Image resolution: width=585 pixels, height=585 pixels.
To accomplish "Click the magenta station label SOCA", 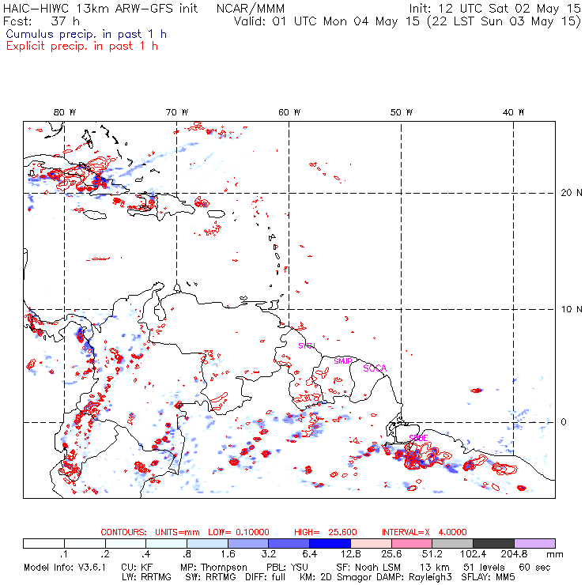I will coord(375,368).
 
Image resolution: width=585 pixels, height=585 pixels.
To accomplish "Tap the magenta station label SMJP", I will coord(343,360).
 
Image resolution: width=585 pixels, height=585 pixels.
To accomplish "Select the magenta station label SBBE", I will coord(418,437).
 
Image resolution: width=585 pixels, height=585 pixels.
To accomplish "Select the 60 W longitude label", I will coord(289,112).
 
